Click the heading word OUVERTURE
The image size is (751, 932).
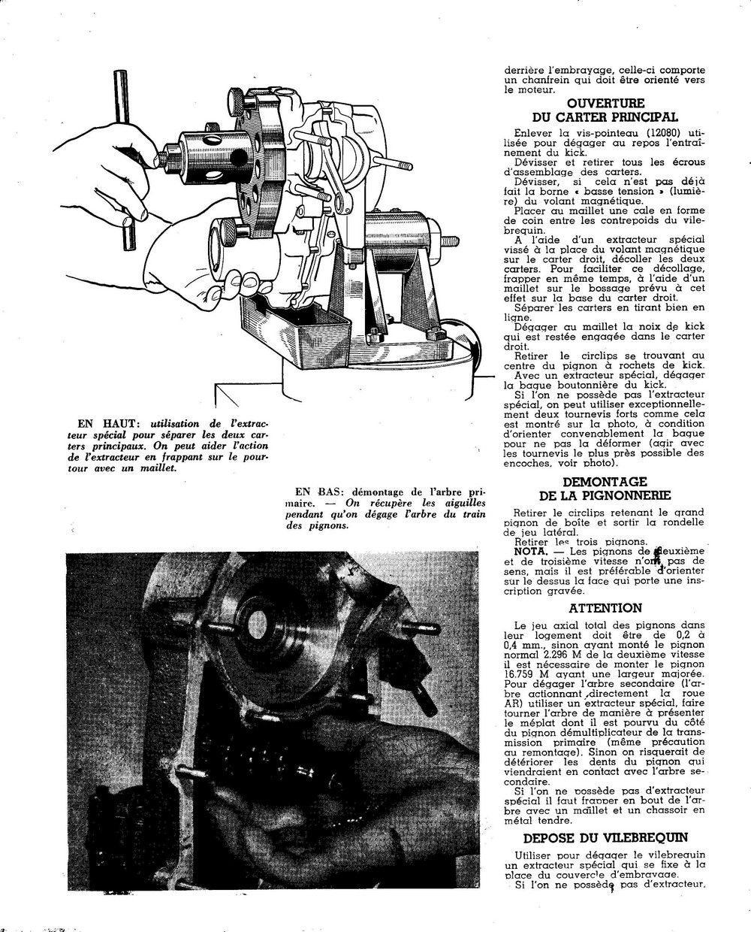click(x=605, y=103)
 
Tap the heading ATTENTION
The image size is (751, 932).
click(x=605, y=608)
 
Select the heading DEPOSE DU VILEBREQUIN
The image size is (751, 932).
click(x=605, y=838)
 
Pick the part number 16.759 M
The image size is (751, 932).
click(x=527, y=674)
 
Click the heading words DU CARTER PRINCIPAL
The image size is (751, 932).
click(x=605, y=116)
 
